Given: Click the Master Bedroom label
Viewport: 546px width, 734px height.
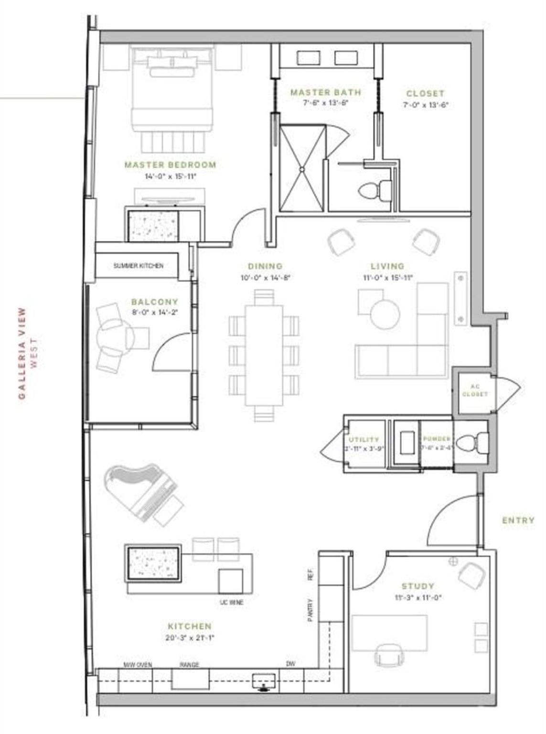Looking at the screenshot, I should click(170, 165).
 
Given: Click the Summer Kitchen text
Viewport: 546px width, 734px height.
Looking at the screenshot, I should click(138, 266).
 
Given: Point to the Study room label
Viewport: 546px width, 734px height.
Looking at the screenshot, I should click(418, 586).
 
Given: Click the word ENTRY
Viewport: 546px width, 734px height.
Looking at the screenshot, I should click(518, 520).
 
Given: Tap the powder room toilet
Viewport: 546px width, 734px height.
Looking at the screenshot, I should click(471, 443).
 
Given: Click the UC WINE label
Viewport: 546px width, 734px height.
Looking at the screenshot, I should click(232, 603).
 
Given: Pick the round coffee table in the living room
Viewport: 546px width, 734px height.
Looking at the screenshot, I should click(385, 314).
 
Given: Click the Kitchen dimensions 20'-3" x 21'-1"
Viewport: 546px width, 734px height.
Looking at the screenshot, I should click(190, 637).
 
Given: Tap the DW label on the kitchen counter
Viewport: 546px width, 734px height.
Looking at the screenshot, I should click(290, 664).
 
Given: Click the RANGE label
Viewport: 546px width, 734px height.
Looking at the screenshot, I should click(189, 665).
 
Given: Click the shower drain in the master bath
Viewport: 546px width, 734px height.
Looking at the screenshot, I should click(302, 169).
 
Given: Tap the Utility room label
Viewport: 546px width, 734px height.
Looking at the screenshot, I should click(364, 439).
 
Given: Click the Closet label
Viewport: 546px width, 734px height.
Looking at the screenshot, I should click(425, 94).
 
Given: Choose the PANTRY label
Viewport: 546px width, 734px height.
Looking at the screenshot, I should click(310, 610).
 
